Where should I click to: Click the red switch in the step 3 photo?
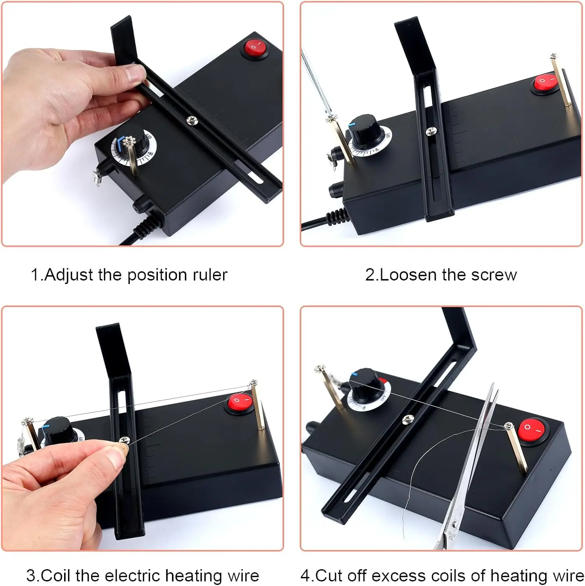(240, 402)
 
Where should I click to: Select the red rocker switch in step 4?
(533, 431)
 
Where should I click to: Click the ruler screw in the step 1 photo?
(192, 120)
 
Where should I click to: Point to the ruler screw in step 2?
(431, 132)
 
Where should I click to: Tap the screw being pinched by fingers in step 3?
(125, 440)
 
